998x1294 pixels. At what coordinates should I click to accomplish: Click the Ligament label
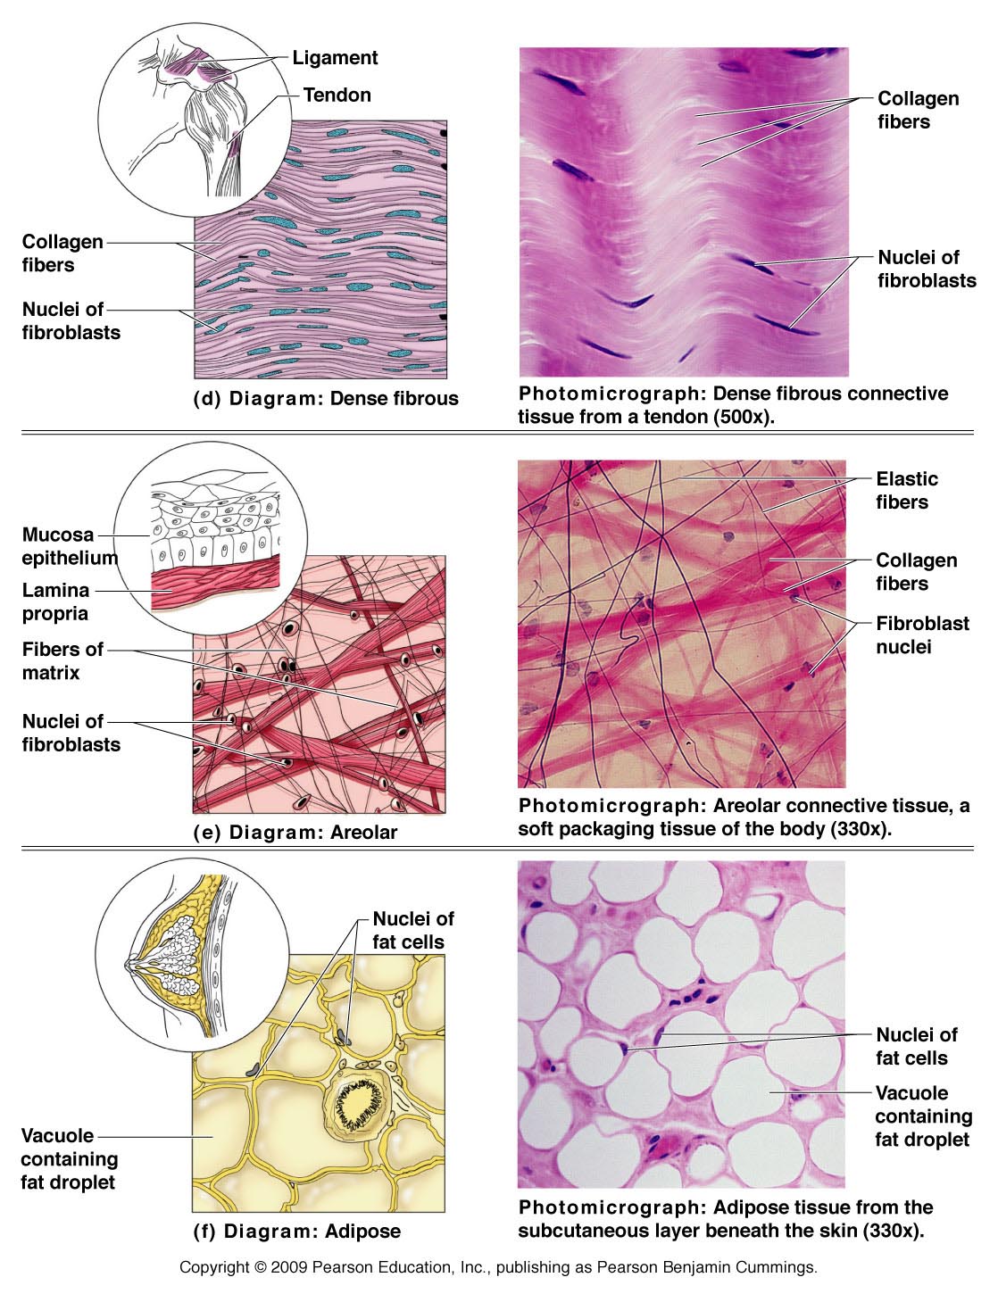click(x=335, y=58)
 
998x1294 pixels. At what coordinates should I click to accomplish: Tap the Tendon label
click(x=337, y=95)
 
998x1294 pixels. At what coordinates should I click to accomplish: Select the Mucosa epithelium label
click(x=69, y=546)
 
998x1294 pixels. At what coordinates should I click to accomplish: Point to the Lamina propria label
click(x=55, y=601)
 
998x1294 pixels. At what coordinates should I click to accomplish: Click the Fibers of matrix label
click(x=62, y=660)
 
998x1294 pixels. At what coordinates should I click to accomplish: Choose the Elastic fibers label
click(x=906, y=490)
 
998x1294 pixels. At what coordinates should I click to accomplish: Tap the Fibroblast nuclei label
click(x=921, y=635)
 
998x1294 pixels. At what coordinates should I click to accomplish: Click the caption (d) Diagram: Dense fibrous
click(x=326, y=399)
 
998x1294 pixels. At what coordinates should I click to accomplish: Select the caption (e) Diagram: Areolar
click(x=295, y=833)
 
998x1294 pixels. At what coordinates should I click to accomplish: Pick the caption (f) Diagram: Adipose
click(x=297, y=1232)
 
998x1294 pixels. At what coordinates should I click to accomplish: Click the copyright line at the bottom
click(x=498, y=1267)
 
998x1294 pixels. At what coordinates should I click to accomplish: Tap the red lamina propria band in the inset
click(x=214, y=586)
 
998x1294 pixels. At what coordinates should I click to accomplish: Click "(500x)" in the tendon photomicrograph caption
click(x=741, y=417)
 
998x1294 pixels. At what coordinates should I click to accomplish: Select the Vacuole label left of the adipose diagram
click(x=69, y=1158)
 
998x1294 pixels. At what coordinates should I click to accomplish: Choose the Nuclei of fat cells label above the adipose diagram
click(x=412, y=930)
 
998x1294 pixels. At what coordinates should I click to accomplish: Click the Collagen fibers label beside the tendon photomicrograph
click(x=918, y=110)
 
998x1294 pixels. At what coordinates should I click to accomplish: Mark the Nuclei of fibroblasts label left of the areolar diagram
click(x=71, y=733)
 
